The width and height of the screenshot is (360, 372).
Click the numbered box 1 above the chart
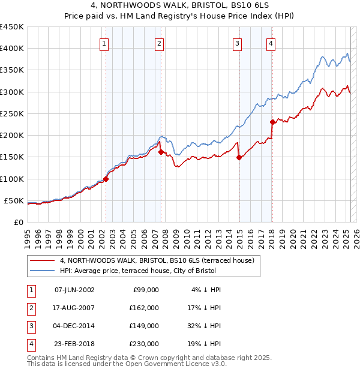(x=104, y=43)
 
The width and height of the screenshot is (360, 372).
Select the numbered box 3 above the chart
(x=238, y=43)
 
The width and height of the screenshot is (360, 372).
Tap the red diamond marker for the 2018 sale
(x=272, y=122)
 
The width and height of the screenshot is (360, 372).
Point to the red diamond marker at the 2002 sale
(x=106, y=179)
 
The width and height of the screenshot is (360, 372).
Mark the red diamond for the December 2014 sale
(x=239, y=157)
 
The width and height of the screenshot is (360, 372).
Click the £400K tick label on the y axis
(x=12, y=49)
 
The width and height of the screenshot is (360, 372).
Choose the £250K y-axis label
(x=12, y=113)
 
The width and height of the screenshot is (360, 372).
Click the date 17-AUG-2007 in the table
(x=74, y=307)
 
